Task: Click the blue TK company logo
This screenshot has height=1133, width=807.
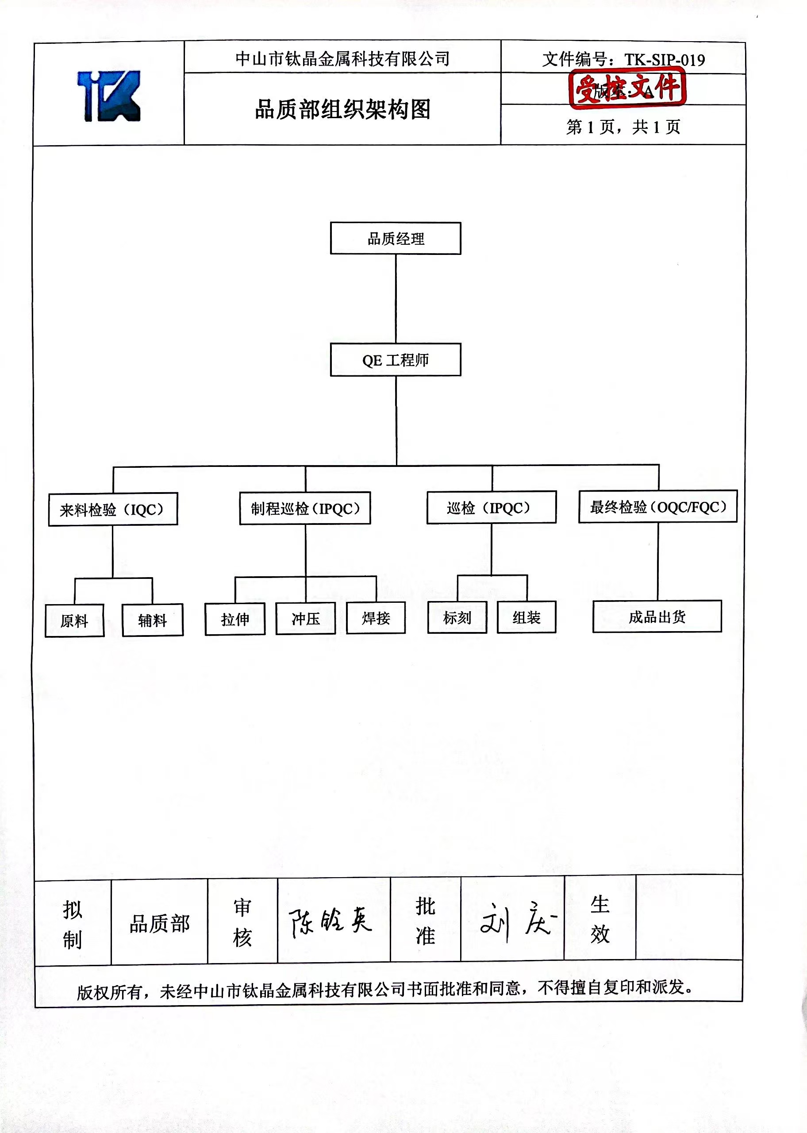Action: [x=109, y=96]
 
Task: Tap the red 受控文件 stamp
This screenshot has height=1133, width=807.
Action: [x=627, y=88]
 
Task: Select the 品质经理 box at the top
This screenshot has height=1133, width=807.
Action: [x=396, y=239]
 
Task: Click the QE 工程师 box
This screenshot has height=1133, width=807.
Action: [x=396, y=360]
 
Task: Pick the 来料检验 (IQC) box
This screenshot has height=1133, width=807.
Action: [x=113, y=509]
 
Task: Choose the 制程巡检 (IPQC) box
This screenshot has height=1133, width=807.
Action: [x=305, y=509]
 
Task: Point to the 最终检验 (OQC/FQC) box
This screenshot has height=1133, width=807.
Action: [x=658, y=507]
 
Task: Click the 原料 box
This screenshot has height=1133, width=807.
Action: [x=74, y=620]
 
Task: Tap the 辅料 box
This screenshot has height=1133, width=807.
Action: [x=153, y=620]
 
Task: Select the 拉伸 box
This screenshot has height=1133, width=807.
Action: [x=235, y=619]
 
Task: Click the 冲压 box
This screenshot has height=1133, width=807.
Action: [x=306, y=619]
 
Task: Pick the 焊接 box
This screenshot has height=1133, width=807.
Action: [x=376, y=618]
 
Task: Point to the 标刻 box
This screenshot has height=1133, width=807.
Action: [x=457, y=618]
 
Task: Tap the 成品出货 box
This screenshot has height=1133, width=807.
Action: [x=657, y=617]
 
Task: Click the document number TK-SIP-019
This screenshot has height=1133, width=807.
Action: [x=665, y=60]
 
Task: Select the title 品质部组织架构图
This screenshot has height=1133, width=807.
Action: [x=342, y=109]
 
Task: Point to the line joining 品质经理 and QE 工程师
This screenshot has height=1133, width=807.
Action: [x=396, y=298]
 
